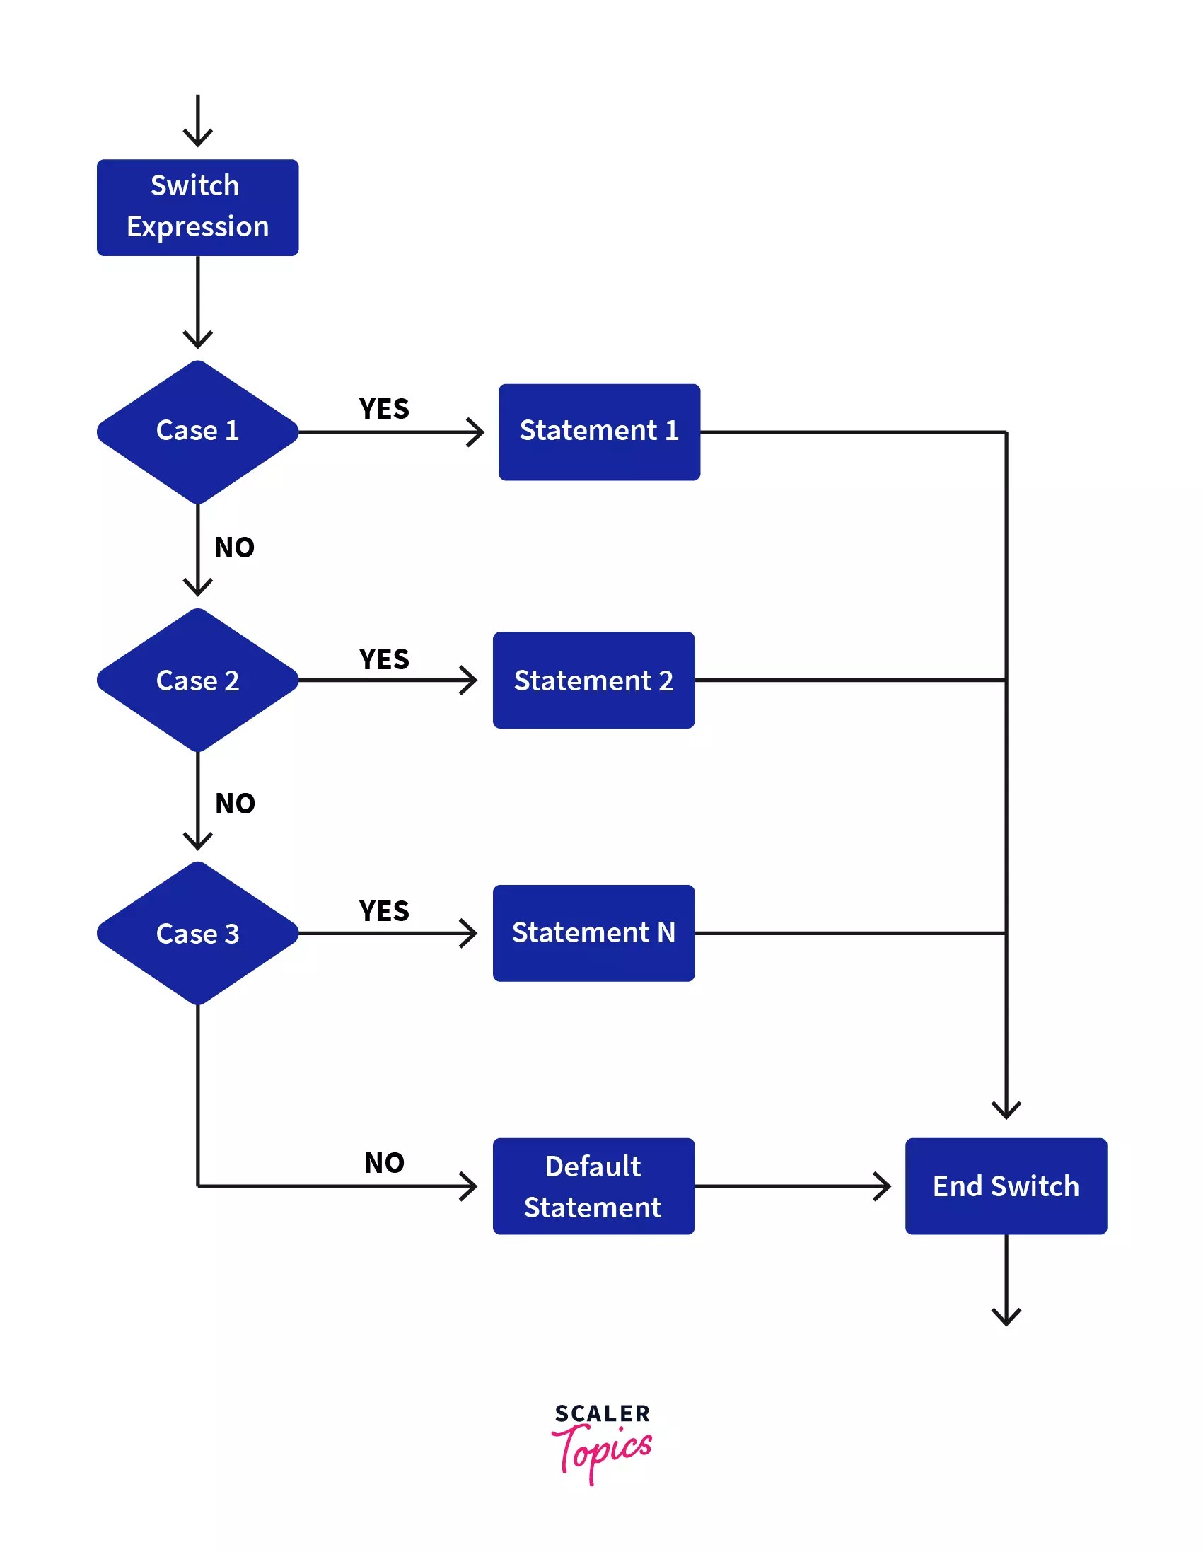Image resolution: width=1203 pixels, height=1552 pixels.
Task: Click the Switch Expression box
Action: [197, 207]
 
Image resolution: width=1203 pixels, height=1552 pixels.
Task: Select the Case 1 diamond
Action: [197, 432]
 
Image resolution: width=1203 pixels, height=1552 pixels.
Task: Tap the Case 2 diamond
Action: [197, 680]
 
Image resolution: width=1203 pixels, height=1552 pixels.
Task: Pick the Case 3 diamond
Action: [197, 933]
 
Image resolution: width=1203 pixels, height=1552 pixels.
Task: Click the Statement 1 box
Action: [599, 432]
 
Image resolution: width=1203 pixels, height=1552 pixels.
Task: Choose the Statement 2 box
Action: [593, 680]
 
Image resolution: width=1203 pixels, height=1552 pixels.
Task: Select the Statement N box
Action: [593, 933]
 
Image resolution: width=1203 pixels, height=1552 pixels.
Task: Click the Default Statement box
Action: [593, 1186]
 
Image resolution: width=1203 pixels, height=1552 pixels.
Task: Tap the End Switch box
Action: [1006, 1186]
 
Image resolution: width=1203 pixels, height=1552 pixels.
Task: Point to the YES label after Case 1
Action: [384, 410]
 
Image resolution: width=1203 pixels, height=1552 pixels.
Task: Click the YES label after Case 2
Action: [384, 659]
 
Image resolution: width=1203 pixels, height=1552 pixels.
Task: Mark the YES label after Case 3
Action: [384, 911]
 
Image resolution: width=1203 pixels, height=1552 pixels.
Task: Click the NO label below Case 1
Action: [235, 548]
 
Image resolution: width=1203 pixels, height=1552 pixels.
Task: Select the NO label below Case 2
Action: [236, 804]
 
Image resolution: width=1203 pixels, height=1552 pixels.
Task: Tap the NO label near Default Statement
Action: [385, 1163]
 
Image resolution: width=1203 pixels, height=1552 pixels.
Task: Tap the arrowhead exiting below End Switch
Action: [1006, 1316]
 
